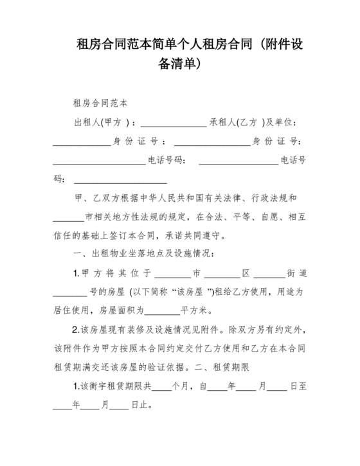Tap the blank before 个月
(162, 388)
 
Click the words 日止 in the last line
(140, 406)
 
